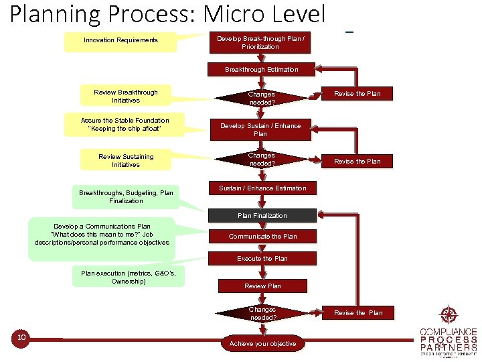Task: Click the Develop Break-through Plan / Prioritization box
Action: pyautogui.click(x=260, y=43)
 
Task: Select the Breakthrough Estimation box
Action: pyautogui.click(x=262, y=70)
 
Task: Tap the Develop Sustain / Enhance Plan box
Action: pyautogui.click(x=260, y=130)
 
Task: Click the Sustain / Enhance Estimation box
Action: pyautogui.click(x=262, y=188)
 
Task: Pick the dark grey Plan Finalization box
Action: pyautogui.click(x=262, y=216)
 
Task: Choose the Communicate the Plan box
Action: pyautogui.click(x=262, y=237)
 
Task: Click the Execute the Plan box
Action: pyautogui.click(x=262, y=259)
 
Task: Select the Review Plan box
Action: pyautogui.click(x=262, y=286)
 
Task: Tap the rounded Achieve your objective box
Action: pyautogui.click(x=262, y=344)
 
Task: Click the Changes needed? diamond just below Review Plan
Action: pyautogui.click(x=262, y=313)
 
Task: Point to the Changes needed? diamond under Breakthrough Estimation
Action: pyautogui.click(x=262, y=99)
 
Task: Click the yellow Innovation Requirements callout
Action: pyautogui.click(x=120, y=41)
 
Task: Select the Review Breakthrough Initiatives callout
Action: pyautogui.click(x=126, y=96)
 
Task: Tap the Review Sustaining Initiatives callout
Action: pyautogui.click(x=126, y=161)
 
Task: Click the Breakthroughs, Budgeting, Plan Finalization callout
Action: pyautogui.click(x=126, y=196)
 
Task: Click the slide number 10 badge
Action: pyautogui.click(x=21, y=337)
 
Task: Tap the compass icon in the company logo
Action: pyautogui.click(x=448, y=315)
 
